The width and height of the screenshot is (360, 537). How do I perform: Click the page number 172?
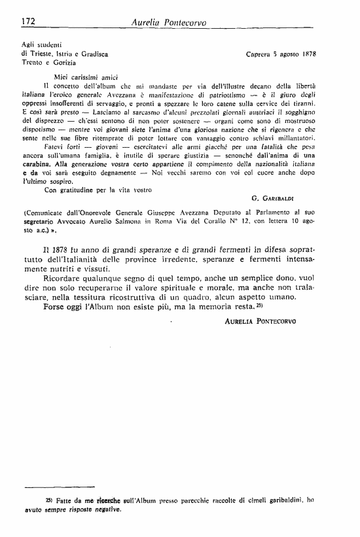tap(28, 22)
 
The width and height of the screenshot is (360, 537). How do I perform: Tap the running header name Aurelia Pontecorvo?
tap(170, 22)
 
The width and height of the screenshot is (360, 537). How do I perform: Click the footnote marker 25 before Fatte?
tap(48, 498)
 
